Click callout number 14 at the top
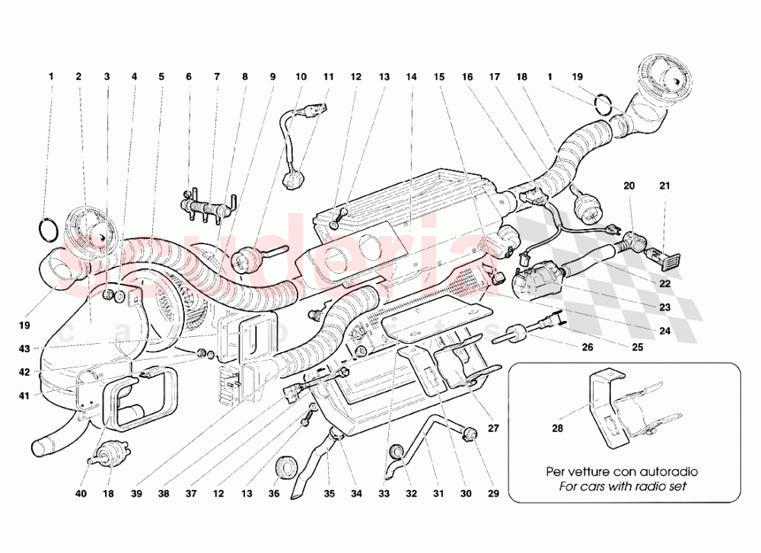(x=411, y=77)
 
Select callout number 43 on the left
(x=25, y=349)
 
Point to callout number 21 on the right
(x=664, y=186)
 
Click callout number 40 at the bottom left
(x=81, y=494)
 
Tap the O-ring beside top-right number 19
(x=603, y=103)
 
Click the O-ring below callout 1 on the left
(x=47, y=227)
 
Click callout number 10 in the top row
(x=301, y=77)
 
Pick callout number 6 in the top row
(x=189, y=77)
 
